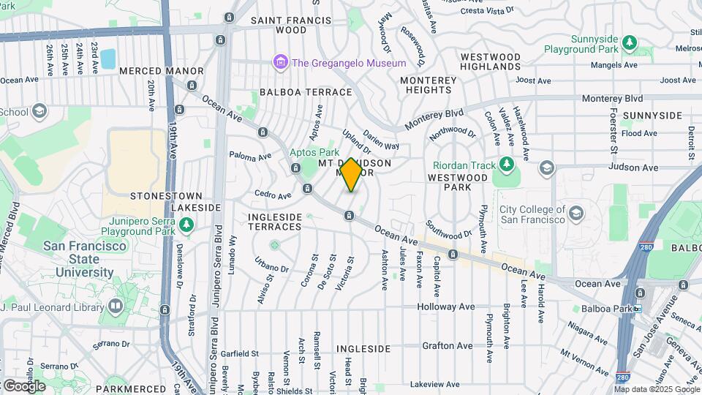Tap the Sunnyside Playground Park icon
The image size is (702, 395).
[x=630, y=42]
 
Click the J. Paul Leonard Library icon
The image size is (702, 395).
[x=115, y=306]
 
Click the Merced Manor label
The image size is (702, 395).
[x=161, y=71]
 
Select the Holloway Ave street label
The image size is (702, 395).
[x=446, y=307]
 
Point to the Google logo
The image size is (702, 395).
[x=24, y=385]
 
